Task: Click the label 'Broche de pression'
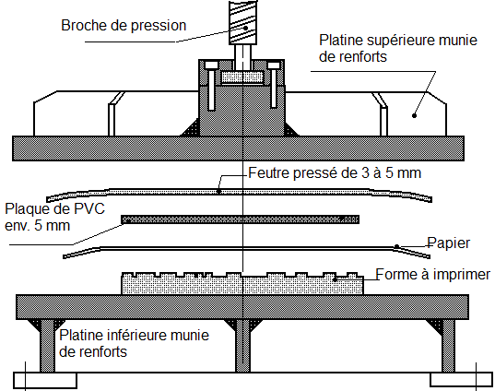[x=124, y=25]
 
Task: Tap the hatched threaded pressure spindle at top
[x=242, y=22]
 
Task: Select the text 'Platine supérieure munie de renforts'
[x=398, y=48]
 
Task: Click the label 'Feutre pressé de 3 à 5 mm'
[x=335, y=173]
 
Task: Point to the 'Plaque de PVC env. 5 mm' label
[x=54, y=217]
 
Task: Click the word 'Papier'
[x=449, y=243]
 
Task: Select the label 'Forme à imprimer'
[x=433, y=274]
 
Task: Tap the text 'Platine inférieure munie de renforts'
[x=134, y=343]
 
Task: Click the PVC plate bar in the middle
[x=241, y=219]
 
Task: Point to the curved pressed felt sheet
[x=239, y=192]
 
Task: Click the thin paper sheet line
[x=246, y=249]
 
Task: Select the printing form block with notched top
[x=242, y=284]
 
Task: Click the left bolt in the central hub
[x=211, y=86]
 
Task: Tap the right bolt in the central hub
[x=274, y=85]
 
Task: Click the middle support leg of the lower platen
[x=242, y=346]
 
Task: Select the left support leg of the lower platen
[x=47, y=346]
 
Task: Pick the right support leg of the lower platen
[x=448, y=346]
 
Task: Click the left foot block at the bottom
[x=45, y=380]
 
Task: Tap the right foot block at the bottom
[x=461, y=380]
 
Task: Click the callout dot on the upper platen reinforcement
[x=414, y=115]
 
